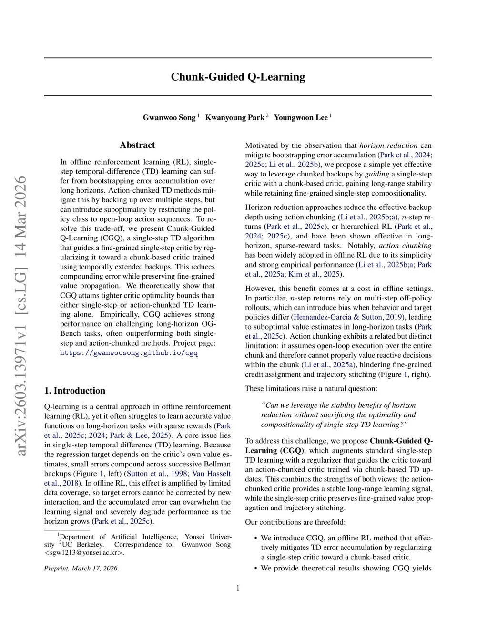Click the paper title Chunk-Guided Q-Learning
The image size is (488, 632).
pyautogui.click(x=238, y=77)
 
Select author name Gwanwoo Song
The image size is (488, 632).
pyautogui.click(x=169, y=118)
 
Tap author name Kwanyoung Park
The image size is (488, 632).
pyautogui.click(x=234, y=118)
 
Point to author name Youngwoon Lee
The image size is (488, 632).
pyautogui.click(x=301, y=118)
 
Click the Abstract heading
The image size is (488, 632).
pyautogui.click(x=137, y=145)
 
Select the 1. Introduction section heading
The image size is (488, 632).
pyautogui.click(x=75, y=391)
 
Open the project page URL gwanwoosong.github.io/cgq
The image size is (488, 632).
pyautogui.click(x=129, y=353)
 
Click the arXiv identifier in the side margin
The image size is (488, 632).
pyautogui.click(x=21, y=315)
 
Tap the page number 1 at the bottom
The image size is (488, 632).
pyautogui.click(x=238, y=588)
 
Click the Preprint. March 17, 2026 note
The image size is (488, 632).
pyautogui.click(x=81, y=568)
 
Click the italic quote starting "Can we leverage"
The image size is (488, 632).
pyautogui.click(x=338, y=415)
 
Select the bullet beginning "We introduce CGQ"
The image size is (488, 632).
pyautogui.click(x=346, y=548)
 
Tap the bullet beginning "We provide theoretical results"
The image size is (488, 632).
pyautogui.click(x=346, y=568)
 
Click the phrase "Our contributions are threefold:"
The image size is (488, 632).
pyautogui.click(x=295, y=522)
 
